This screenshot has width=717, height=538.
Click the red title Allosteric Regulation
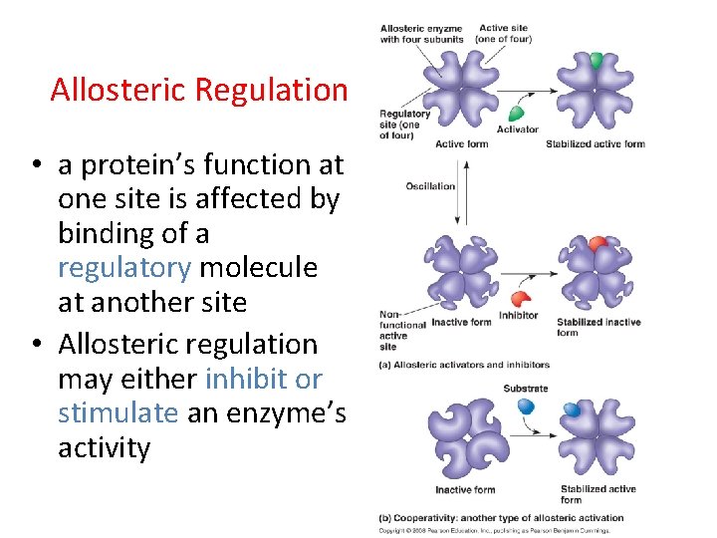(x=198, y=90)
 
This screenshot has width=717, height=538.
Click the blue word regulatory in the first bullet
(x=124, y=268)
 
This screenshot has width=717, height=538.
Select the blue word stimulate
(x=118, y=412)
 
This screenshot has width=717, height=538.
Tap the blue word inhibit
(x=248, y=379)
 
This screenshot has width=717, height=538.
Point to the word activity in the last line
(x=104, y=448)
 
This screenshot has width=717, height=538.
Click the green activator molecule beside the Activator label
(x=517, y=112)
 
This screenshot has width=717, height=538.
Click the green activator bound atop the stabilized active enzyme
(x=596, y=60)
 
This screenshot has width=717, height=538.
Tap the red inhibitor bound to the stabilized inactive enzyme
(x=597, y=244)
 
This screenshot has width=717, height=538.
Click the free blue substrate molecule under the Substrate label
(x=526, y=405)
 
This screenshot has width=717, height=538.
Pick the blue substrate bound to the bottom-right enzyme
(x=572, y=409)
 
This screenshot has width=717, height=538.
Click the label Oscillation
(x=430, y=186)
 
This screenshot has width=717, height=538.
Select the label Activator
(x=517, y=130)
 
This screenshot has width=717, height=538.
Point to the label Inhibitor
(x=518, y=316)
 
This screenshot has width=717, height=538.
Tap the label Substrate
(x=525, y=389)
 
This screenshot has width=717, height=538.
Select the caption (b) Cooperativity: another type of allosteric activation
(x=501, y=518)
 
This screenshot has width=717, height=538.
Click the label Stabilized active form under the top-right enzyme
(x=595, y=144)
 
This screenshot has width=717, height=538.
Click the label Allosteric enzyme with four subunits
(x=421, y=34)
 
